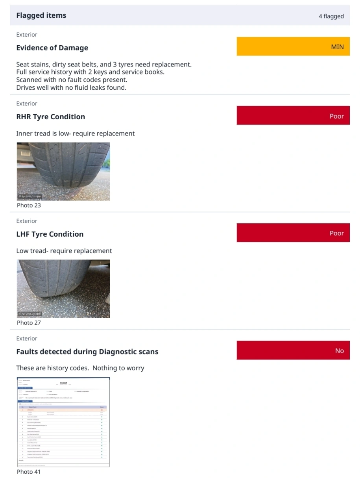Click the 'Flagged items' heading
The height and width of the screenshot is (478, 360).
(x=41, y=15)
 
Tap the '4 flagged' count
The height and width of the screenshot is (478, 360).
(x=331, y=16)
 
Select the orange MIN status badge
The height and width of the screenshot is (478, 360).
(x=293, y=46)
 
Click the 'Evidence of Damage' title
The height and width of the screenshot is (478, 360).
(x=52, y=48)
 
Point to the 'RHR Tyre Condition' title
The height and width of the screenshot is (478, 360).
(x=50, y=117)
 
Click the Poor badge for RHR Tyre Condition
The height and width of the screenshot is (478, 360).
(x=293, y=116)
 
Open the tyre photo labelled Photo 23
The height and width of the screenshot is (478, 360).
(x=63, y=171)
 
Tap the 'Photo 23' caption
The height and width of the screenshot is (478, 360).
(x=29, y=205)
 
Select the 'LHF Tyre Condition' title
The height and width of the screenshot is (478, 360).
(x=50, y=234)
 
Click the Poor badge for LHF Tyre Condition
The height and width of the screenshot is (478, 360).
(x=293, y=233)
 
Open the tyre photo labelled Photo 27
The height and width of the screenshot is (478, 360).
(x=63, y=289)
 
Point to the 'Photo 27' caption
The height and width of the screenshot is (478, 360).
(x=29, y=322)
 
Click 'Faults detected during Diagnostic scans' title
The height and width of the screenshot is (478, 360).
(x=87, y=352)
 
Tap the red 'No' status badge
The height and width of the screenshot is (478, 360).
(x=293, y=350)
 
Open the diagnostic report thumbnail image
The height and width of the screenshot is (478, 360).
(x=63, y=422)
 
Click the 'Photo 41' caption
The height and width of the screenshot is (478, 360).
(x=29, y=471)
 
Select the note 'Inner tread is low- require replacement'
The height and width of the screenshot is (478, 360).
(x=75, y=133)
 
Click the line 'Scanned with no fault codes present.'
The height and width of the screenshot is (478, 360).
(x=72, y=80)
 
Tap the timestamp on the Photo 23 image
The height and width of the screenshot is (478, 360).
(x=30, y=196)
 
